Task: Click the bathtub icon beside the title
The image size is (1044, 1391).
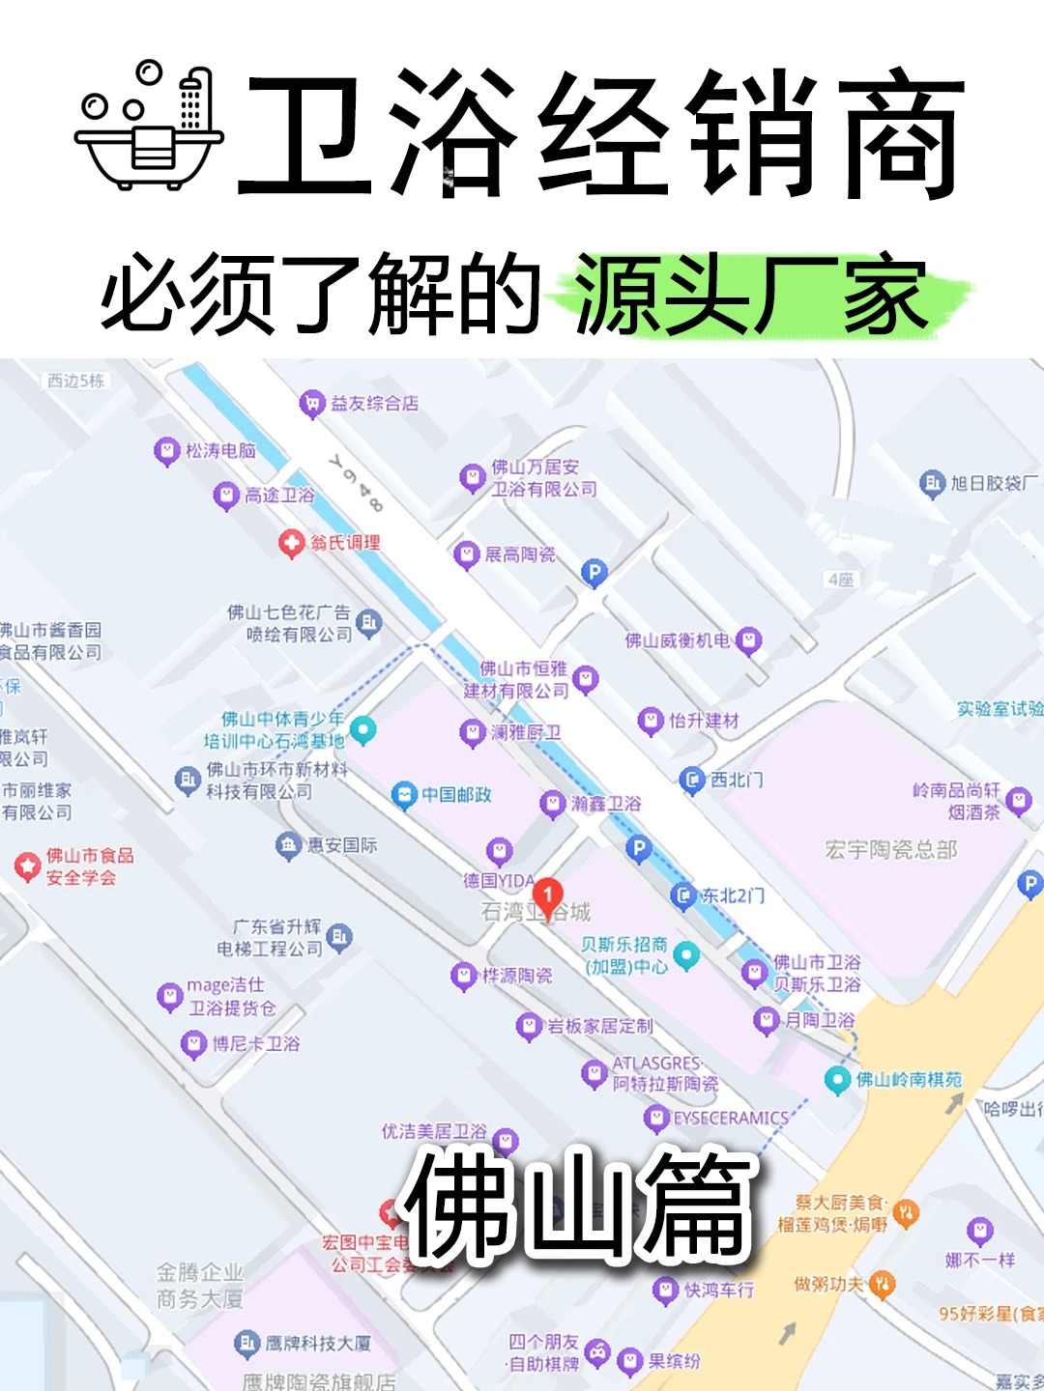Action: coord(150,126)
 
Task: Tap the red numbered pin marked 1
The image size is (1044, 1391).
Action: coord(547,895)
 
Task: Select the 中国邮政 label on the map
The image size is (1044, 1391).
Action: coord(456,795)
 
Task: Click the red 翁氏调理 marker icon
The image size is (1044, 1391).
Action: coord(291,544)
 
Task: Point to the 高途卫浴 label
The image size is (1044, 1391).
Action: coord(279,496)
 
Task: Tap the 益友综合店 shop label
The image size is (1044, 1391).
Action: coord(374,403)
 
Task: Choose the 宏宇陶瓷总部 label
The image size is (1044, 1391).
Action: coord(890,850)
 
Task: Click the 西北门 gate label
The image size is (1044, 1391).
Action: coord(737,780)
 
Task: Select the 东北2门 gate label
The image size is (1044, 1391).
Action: coord(732,896)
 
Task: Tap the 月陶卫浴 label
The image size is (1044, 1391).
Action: coord(819,1020)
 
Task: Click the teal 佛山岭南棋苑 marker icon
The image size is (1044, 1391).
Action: coord(837,1080)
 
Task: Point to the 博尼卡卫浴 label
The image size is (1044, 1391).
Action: coord(256,1043)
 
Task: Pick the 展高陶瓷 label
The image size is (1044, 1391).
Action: coord(519,554)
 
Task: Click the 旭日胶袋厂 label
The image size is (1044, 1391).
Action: coord(994,483)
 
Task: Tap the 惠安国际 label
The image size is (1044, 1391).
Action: coord(342,845)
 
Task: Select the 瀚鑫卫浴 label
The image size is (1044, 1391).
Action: coord(606,804)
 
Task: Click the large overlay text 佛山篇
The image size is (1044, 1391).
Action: coord(578,1206)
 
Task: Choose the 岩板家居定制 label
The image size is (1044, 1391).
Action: coord(600,1026)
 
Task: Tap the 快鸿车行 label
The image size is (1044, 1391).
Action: coord(719,1290)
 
